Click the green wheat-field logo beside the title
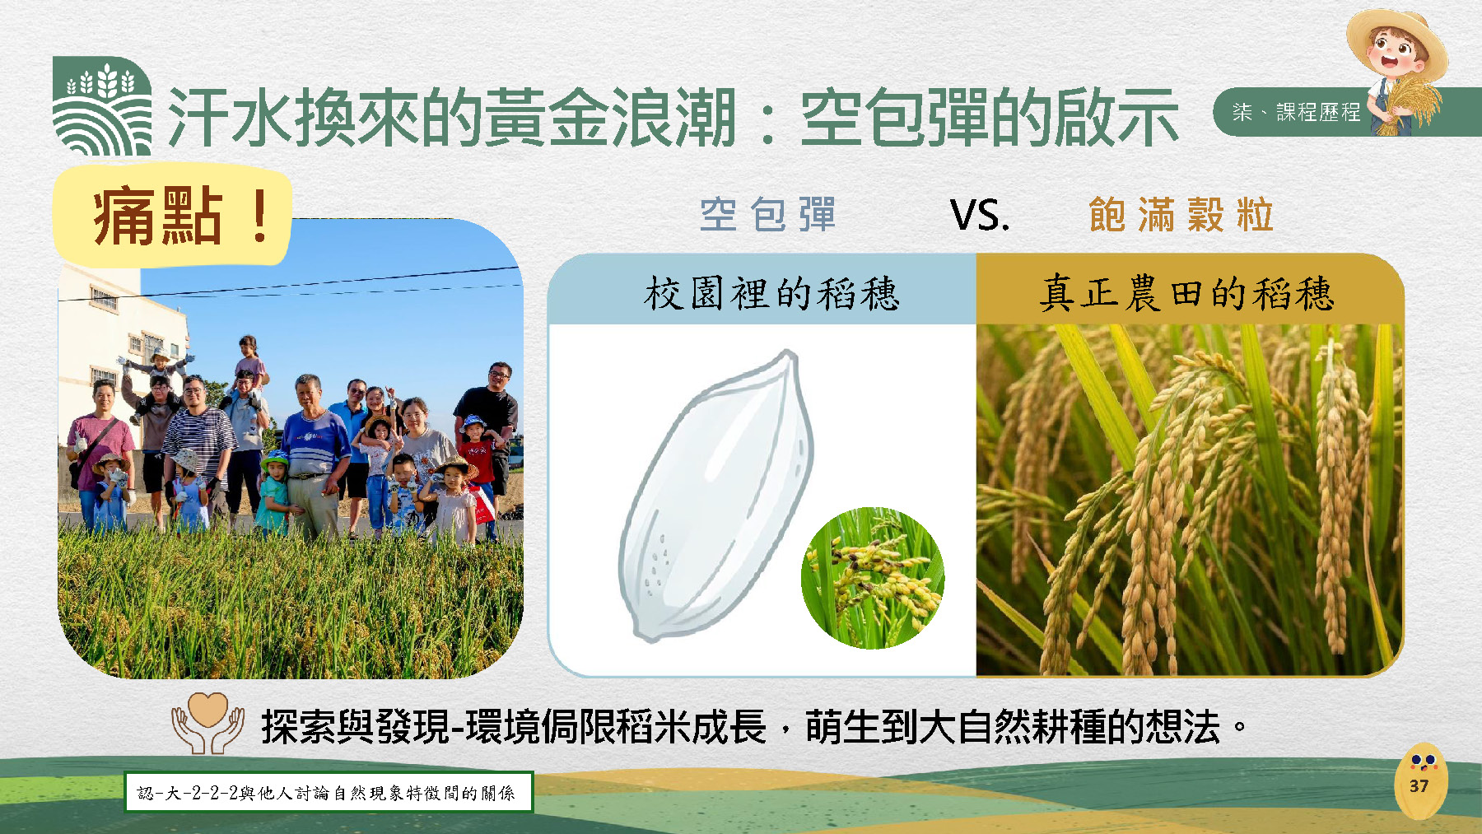click(101, 105)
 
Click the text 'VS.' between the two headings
click(980, 216)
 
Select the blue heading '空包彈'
click(767, 215)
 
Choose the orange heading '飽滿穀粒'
click(1181, 215)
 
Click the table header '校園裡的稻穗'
click(771, 293)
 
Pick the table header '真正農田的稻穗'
click(1186, 293)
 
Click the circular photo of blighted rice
click(873, 578)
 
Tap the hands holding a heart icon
click(207, 723)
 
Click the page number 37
click(1419, 785)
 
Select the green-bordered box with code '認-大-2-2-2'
click(329, 792)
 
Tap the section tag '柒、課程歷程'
click(1296, 112)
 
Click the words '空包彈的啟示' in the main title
click(990, 118)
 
